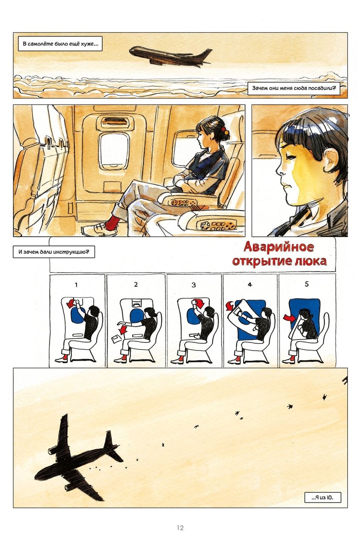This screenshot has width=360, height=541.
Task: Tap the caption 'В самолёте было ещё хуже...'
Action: pos(60,44)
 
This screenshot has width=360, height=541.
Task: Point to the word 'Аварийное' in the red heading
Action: pos(278,248)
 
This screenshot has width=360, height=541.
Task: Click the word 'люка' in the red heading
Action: pos(310,261)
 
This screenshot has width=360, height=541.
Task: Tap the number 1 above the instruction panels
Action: pos(77,284)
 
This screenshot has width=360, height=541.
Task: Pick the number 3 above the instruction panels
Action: pos(194,284)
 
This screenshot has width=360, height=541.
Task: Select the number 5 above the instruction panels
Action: pos(307,284)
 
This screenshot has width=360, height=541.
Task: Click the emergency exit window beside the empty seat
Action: pos(114,150)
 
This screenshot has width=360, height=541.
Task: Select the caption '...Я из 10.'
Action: pos(322,497)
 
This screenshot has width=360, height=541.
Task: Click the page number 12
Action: pos(180,527)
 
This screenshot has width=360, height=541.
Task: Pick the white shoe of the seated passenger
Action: pos(94,230)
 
